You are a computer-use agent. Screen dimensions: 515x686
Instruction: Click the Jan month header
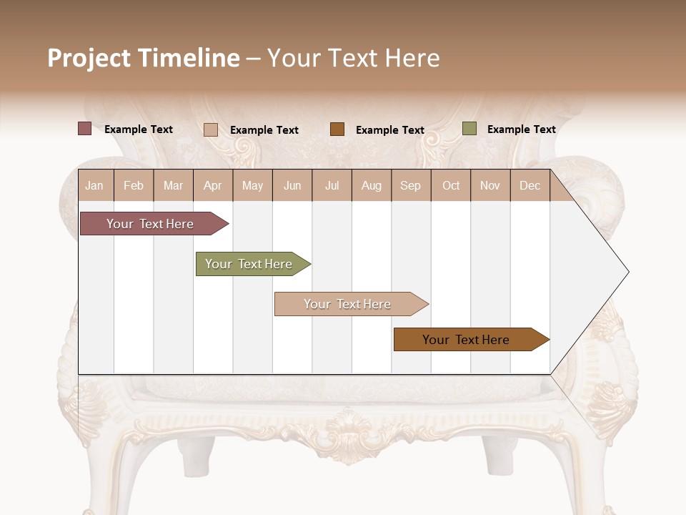(x=94, y=186)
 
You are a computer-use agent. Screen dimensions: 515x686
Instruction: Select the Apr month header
(x=213, y=186)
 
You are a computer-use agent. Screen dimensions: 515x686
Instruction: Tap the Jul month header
(x=332, y=186)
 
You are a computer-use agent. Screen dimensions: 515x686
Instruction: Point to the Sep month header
(x=410, y=186)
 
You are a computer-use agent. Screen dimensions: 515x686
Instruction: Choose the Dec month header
(x=530, y=186)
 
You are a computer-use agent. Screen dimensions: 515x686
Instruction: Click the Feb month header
(x=134, y=186)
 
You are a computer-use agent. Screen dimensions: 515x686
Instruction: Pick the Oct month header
(x=451, y=186)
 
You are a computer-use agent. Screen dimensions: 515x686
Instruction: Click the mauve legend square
(x=84, y=129)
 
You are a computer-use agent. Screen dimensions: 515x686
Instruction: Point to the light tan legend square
(x=210, y=129)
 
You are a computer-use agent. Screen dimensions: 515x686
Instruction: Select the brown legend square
(x=337, y=129)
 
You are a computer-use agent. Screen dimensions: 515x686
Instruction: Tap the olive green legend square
(x=469, y=129)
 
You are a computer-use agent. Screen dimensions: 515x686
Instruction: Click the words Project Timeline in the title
(x=144, y=58)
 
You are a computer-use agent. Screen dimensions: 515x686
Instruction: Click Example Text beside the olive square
(x=521, y=129)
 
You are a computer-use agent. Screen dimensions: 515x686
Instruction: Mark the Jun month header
(x=292, y=186)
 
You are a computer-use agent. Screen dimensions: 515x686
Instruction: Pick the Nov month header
(x=490, y=186)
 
